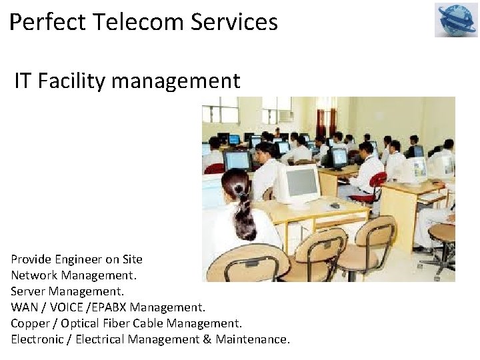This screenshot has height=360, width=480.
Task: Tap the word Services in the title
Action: click(x=234, y=23)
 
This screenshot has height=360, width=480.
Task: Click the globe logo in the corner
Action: click(x=457, y=20)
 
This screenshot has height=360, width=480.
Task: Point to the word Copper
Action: click(x=29, y=323)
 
